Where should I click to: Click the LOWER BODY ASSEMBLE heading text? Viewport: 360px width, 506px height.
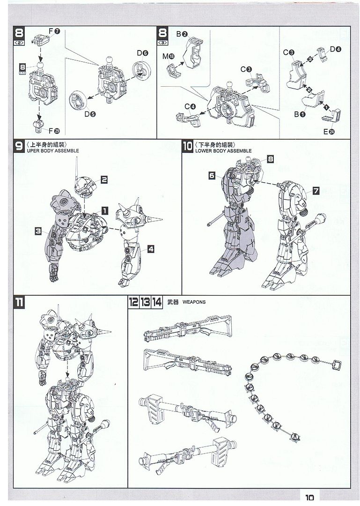(223, 151)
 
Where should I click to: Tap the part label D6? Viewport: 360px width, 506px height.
(143, 53)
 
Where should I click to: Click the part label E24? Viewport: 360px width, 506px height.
(329, 131)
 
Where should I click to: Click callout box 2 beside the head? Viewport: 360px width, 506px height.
(104, 179)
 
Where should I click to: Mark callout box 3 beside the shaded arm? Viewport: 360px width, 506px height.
(38, 231)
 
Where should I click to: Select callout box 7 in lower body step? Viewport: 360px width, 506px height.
(316, 191)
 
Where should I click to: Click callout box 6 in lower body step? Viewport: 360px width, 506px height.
(212, 175)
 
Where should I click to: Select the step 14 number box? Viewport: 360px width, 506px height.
(157, 302)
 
